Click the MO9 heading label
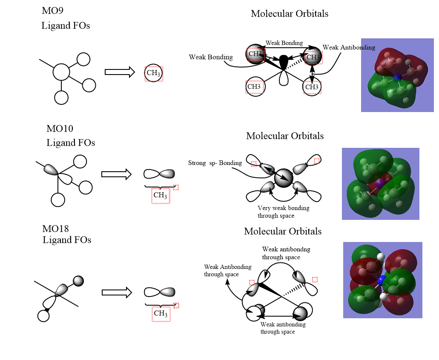52,11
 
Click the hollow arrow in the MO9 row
120,72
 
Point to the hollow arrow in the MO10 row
116,174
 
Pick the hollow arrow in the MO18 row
117,292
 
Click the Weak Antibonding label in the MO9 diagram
349,47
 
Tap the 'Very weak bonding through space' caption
283,212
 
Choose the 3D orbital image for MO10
380,184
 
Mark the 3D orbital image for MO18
382,280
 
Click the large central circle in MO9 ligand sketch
61,72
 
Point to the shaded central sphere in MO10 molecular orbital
284,178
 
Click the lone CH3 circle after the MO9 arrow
153,73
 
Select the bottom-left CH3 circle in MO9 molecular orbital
255,87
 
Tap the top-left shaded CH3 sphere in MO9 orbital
255,54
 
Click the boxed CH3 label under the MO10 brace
161,196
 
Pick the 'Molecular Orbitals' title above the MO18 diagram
283,231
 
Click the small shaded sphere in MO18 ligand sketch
78,281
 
